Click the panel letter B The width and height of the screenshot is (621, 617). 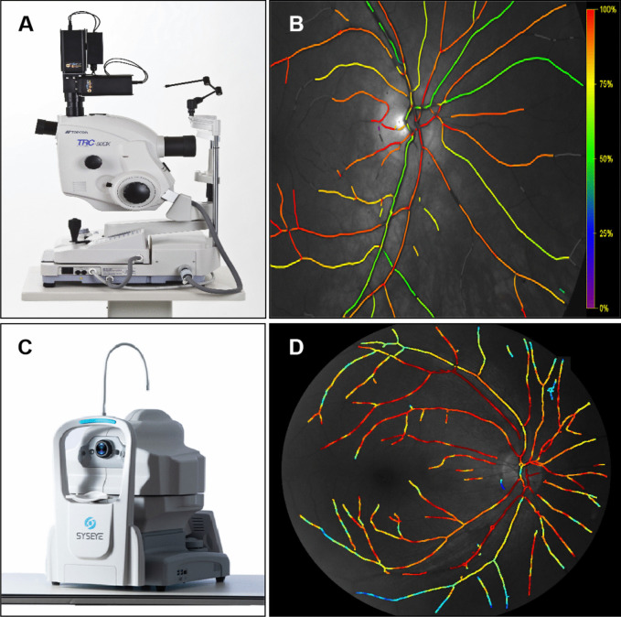(x=296, y=24)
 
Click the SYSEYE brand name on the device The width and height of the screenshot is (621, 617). (x=91, y=526)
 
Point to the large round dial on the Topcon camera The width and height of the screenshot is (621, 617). (x=135, y=191)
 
